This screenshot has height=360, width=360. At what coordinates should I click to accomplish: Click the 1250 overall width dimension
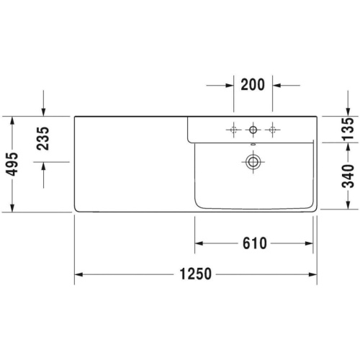pyautogui.click(x=196, y=274)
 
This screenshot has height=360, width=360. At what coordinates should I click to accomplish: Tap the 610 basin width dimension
pyautogui.click(x=255, y=243)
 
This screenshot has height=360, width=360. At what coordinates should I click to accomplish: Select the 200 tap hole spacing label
pyautogui.click(x=253, y=84)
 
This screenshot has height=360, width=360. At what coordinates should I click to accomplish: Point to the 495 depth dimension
pyautogui.click(x=12, y=164)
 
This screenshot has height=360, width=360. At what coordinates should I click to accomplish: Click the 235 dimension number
pyautogui.click(x=43, y=138)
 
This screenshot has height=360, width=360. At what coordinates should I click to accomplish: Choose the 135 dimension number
pyautogui.click(x=348, y=129)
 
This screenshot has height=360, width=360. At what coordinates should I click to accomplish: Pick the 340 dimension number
pyautogui.click(x=348, y=176)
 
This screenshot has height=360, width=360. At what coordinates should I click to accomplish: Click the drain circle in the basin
pyautogui.click(x=253, y=162)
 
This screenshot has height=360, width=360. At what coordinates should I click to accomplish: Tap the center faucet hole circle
pyautogui.click(x=253, y=130)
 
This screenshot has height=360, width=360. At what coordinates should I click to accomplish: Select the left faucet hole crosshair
pyautogui.click(x=233, y=130)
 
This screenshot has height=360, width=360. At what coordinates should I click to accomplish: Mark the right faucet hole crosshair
pyautogui.click(x=272, y=130)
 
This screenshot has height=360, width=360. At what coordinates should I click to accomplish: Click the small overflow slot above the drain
pyautogui.click(x=253, y=145)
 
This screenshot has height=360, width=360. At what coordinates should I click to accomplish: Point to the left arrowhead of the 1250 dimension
pyautogui.click(x=78, y=274)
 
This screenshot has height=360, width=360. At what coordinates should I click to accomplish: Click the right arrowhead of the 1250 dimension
pyautogui.click(x=312, y=274)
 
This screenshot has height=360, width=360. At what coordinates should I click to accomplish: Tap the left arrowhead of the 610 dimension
pyautogui.click(x=199, y=243)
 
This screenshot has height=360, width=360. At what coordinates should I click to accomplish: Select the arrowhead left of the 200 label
pyautogui.click(x=230, y=85)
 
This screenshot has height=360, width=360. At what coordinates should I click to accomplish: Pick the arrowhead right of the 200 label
pyautogui.click(x=276, y=85)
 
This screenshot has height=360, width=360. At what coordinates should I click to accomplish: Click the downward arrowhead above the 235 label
pyautogui.click(x=43, y=112)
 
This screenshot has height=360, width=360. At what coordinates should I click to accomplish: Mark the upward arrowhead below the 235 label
pyautogui.click(x=43, y=166)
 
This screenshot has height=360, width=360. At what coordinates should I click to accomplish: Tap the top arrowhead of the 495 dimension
pyautogui.click(x=12, y=120)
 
